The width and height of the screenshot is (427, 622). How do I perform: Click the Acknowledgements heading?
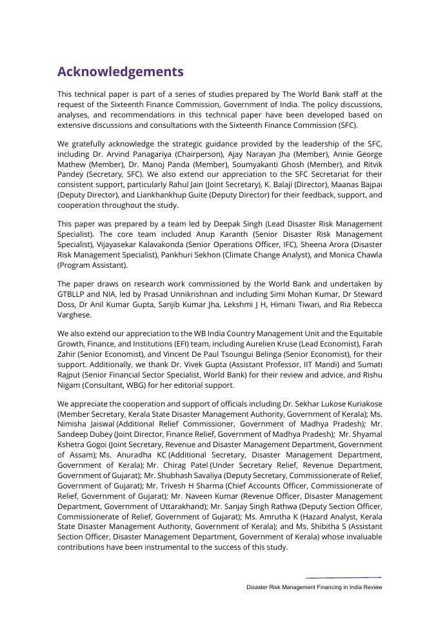pos(120,72)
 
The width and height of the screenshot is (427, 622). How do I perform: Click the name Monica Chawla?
pos(353,255)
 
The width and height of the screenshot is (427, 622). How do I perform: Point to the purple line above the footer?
pos(343,577)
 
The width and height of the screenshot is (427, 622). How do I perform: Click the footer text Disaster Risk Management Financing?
pos(300,588)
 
